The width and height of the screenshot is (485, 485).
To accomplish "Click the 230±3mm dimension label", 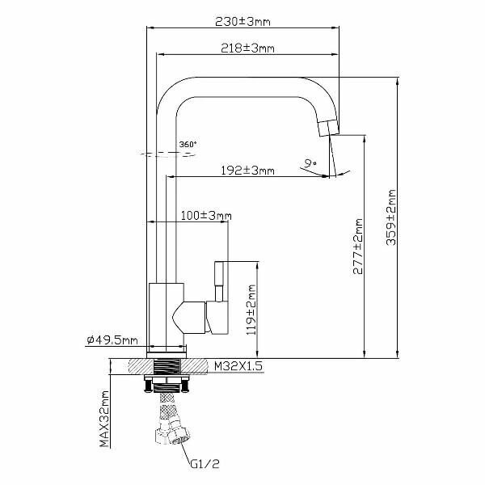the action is [242, 22].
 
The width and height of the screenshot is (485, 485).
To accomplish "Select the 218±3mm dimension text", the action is [247, 48].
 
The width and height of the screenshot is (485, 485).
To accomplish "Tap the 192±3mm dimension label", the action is [247, 171].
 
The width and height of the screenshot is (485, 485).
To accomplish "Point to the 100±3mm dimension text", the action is [206, 216].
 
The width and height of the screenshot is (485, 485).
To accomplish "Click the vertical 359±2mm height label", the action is [391, 217].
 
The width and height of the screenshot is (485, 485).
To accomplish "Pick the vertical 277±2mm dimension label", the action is [358, 247].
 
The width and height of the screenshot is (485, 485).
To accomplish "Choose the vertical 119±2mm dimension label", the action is [251, 310].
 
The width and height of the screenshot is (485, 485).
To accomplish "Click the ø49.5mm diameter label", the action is [112, 340].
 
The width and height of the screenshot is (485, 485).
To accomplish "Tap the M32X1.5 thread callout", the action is [238, 366].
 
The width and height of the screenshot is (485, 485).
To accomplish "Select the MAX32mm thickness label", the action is [104, 419].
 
